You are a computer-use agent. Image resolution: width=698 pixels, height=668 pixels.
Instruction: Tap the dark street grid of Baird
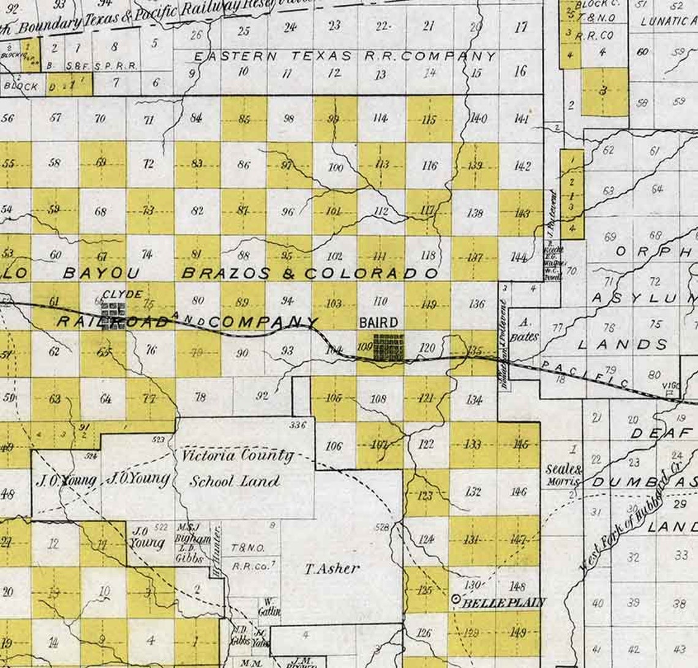388,347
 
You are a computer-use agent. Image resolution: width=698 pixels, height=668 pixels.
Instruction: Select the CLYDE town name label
122,294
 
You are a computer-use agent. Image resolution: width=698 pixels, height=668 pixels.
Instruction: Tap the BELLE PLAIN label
503,602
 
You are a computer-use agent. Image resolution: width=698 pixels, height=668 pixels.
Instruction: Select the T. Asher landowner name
332,569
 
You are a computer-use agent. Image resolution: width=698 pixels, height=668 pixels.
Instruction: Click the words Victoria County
238,456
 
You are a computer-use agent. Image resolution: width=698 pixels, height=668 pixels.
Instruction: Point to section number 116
429,166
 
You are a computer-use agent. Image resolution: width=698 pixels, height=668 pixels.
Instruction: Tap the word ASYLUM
645,298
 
